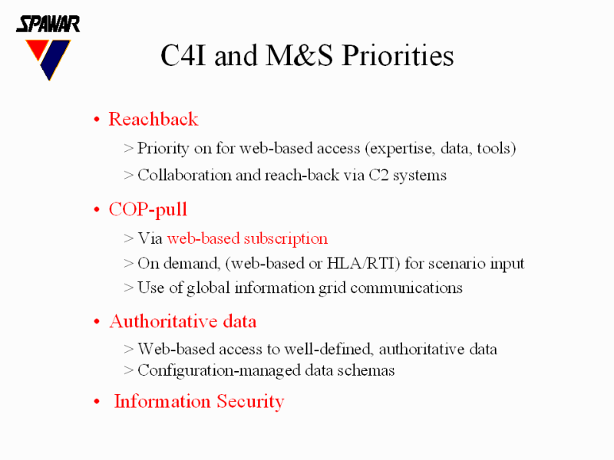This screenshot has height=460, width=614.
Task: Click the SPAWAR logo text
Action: pos(48,24)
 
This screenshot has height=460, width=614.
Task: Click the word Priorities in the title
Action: pos(398,55)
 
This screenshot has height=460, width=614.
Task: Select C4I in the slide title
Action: pos(183,55)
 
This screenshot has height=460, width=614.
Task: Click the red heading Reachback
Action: pos(153,119)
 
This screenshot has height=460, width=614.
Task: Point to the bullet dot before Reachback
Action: pos(97,120)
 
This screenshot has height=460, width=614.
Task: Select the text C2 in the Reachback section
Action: pos(378,175)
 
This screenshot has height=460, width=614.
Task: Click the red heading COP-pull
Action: pos(148,209)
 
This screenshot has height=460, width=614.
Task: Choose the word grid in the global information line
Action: pos(332,288)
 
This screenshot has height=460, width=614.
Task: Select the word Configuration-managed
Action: pos(220,371)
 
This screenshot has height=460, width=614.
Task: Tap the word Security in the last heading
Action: pos(251,402)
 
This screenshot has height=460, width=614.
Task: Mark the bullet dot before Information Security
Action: pos(97,402)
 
